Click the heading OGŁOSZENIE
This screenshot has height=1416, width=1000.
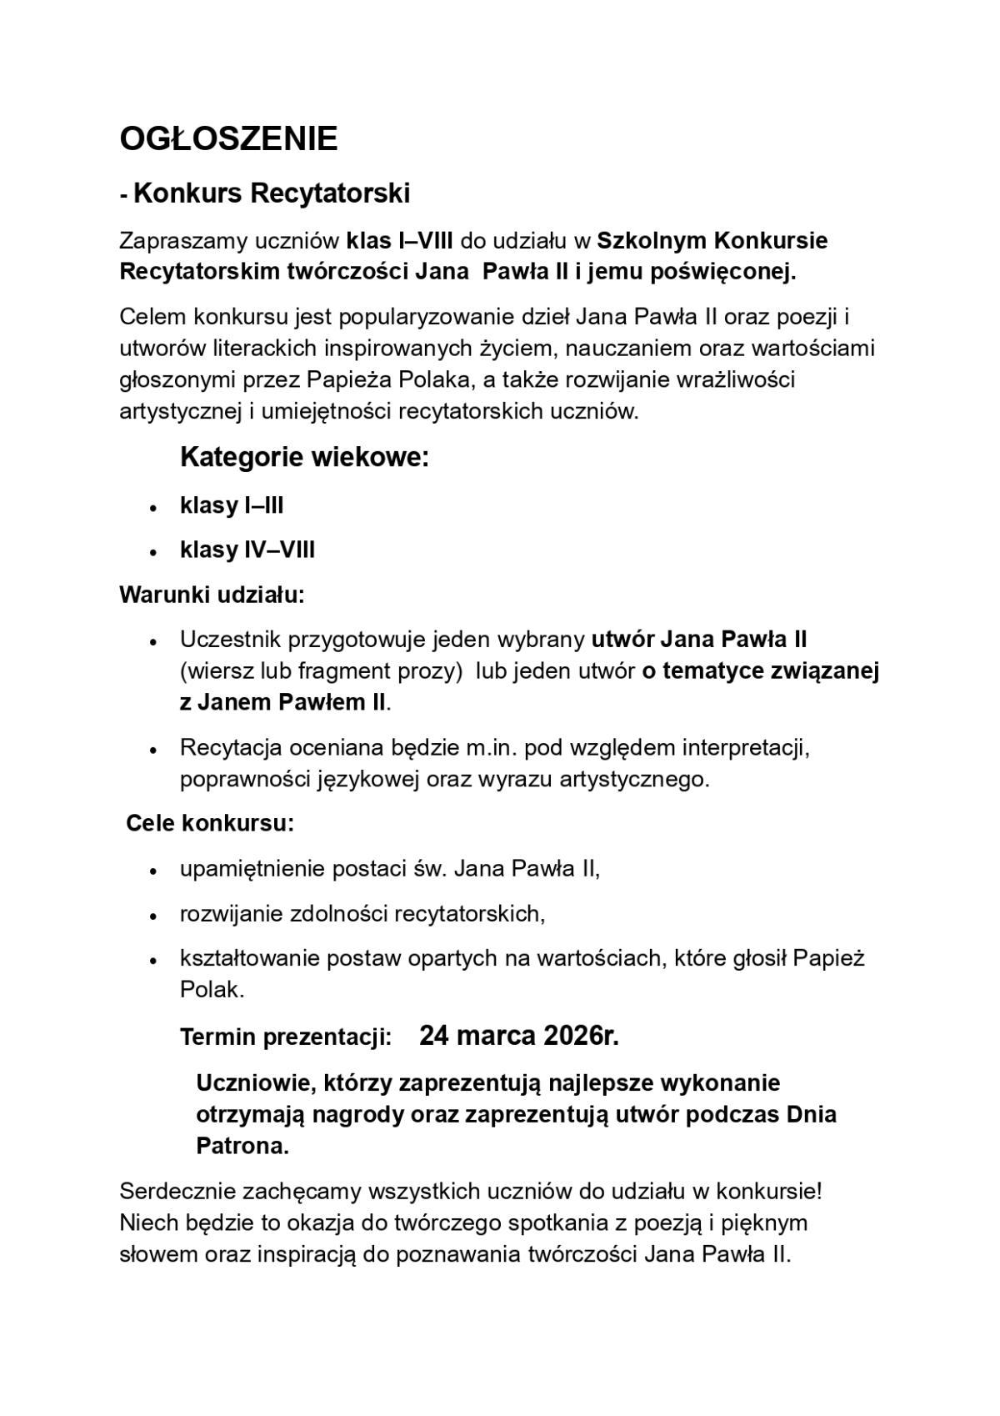click(x=228, y=138)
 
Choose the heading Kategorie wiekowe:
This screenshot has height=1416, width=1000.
click(x=304, y=458)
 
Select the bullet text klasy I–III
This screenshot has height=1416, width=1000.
click(x=232, y=505)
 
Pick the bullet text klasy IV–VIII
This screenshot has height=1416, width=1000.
click(x=247, y=550)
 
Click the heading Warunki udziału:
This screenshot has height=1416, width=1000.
click(x=212, y=595)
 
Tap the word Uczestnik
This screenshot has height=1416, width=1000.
click(x=230, y=640)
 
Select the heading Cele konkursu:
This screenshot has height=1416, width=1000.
click(x=210, y=824)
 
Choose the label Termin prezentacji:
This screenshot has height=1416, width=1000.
click(x=286, y=1038)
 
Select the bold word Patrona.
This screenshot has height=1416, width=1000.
click(x=242, y=1147)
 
